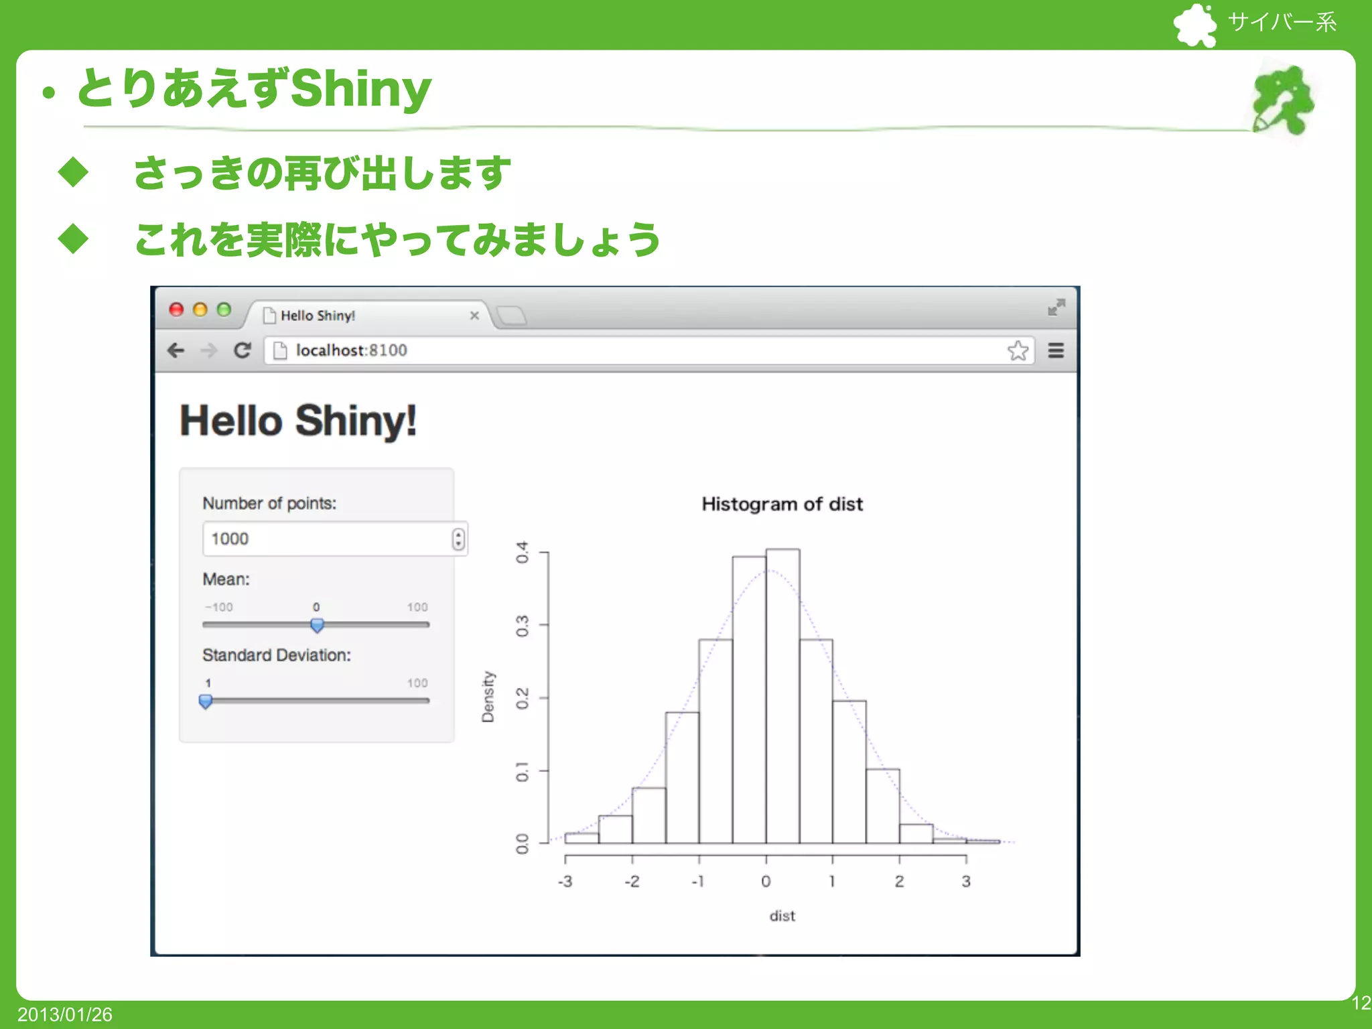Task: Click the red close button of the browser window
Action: (176, 310)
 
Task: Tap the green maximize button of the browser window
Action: (224, 310)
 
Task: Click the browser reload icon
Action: (242, 350)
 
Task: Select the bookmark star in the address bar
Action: (1018, 350)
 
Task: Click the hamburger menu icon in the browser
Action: (1056, 350)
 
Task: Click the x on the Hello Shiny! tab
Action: (474, 316)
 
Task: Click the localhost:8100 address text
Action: (351, 350)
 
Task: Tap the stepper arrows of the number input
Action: (458, 539)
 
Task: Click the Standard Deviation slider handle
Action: (206, 701)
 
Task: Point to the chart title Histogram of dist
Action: (782, 504)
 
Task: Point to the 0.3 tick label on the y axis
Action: (523, 626)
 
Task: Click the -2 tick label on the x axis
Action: (632, 882)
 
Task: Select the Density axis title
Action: (488, 697)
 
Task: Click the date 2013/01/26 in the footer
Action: (65, 1014)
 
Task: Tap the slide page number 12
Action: (1361, 1003)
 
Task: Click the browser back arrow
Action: (176, 350)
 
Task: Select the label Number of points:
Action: (269, 504)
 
